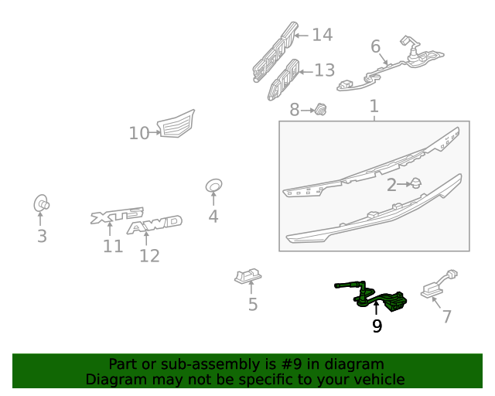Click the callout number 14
click(322, 35)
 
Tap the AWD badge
click(155, 224)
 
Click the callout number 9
click(377, 326)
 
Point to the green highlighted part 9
click(371, 297)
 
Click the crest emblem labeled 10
click(176, 124)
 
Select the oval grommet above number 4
click(213, 186)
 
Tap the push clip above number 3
click(41, 203)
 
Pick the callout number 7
click(447, 316)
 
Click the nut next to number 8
click(320, 109)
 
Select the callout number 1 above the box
click(374, 106)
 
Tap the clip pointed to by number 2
click(416, 183)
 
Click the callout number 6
click(375, 46)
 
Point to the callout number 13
click(325, 70)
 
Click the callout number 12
click(149, 256)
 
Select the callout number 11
click(113, 246)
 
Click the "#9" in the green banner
click(291, 364)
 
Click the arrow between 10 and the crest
click(155, 132)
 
